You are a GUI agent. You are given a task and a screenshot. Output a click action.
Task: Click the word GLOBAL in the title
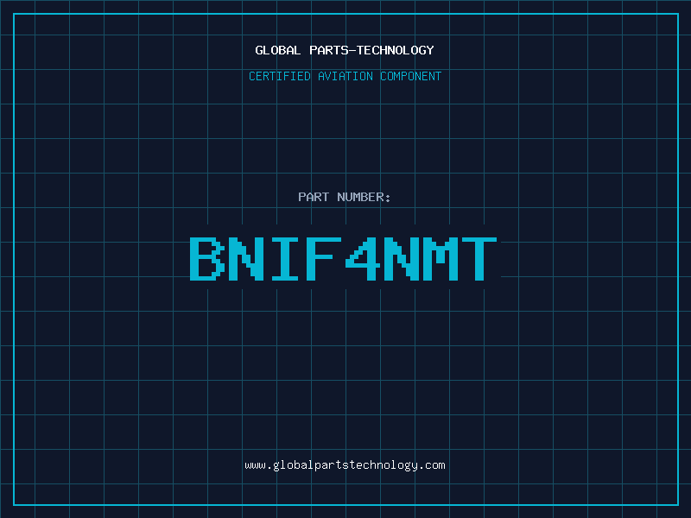[277, 50]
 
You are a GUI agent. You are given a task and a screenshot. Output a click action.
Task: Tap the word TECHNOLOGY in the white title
[396, 50]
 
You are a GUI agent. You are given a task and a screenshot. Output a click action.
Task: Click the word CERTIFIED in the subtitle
[280, 76]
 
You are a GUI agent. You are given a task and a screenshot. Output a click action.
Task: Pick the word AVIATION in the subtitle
[345, 76]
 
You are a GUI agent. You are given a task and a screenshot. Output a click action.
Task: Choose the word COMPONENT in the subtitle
[411, 76]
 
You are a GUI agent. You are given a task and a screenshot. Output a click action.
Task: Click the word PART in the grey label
[314, 197]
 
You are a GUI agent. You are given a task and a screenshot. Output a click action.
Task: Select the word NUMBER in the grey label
[360, 197]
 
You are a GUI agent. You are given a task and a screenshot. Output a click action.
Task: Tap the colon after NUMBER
[388, 198]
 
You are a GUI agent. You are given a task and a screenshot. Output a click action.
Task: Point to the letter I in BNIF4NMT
[285, 258]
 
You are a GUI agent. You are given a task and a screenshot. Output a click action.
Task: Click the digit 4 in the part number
[362, 258]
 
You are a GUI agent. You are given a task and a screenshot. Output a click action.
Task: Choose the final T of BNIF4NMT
[479, 258]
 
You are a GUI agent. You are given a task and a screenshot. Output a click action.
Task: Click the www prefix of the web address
[255, 465]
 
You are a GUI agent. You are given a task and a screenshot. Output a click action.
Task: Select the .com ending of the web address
[431, 465]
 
